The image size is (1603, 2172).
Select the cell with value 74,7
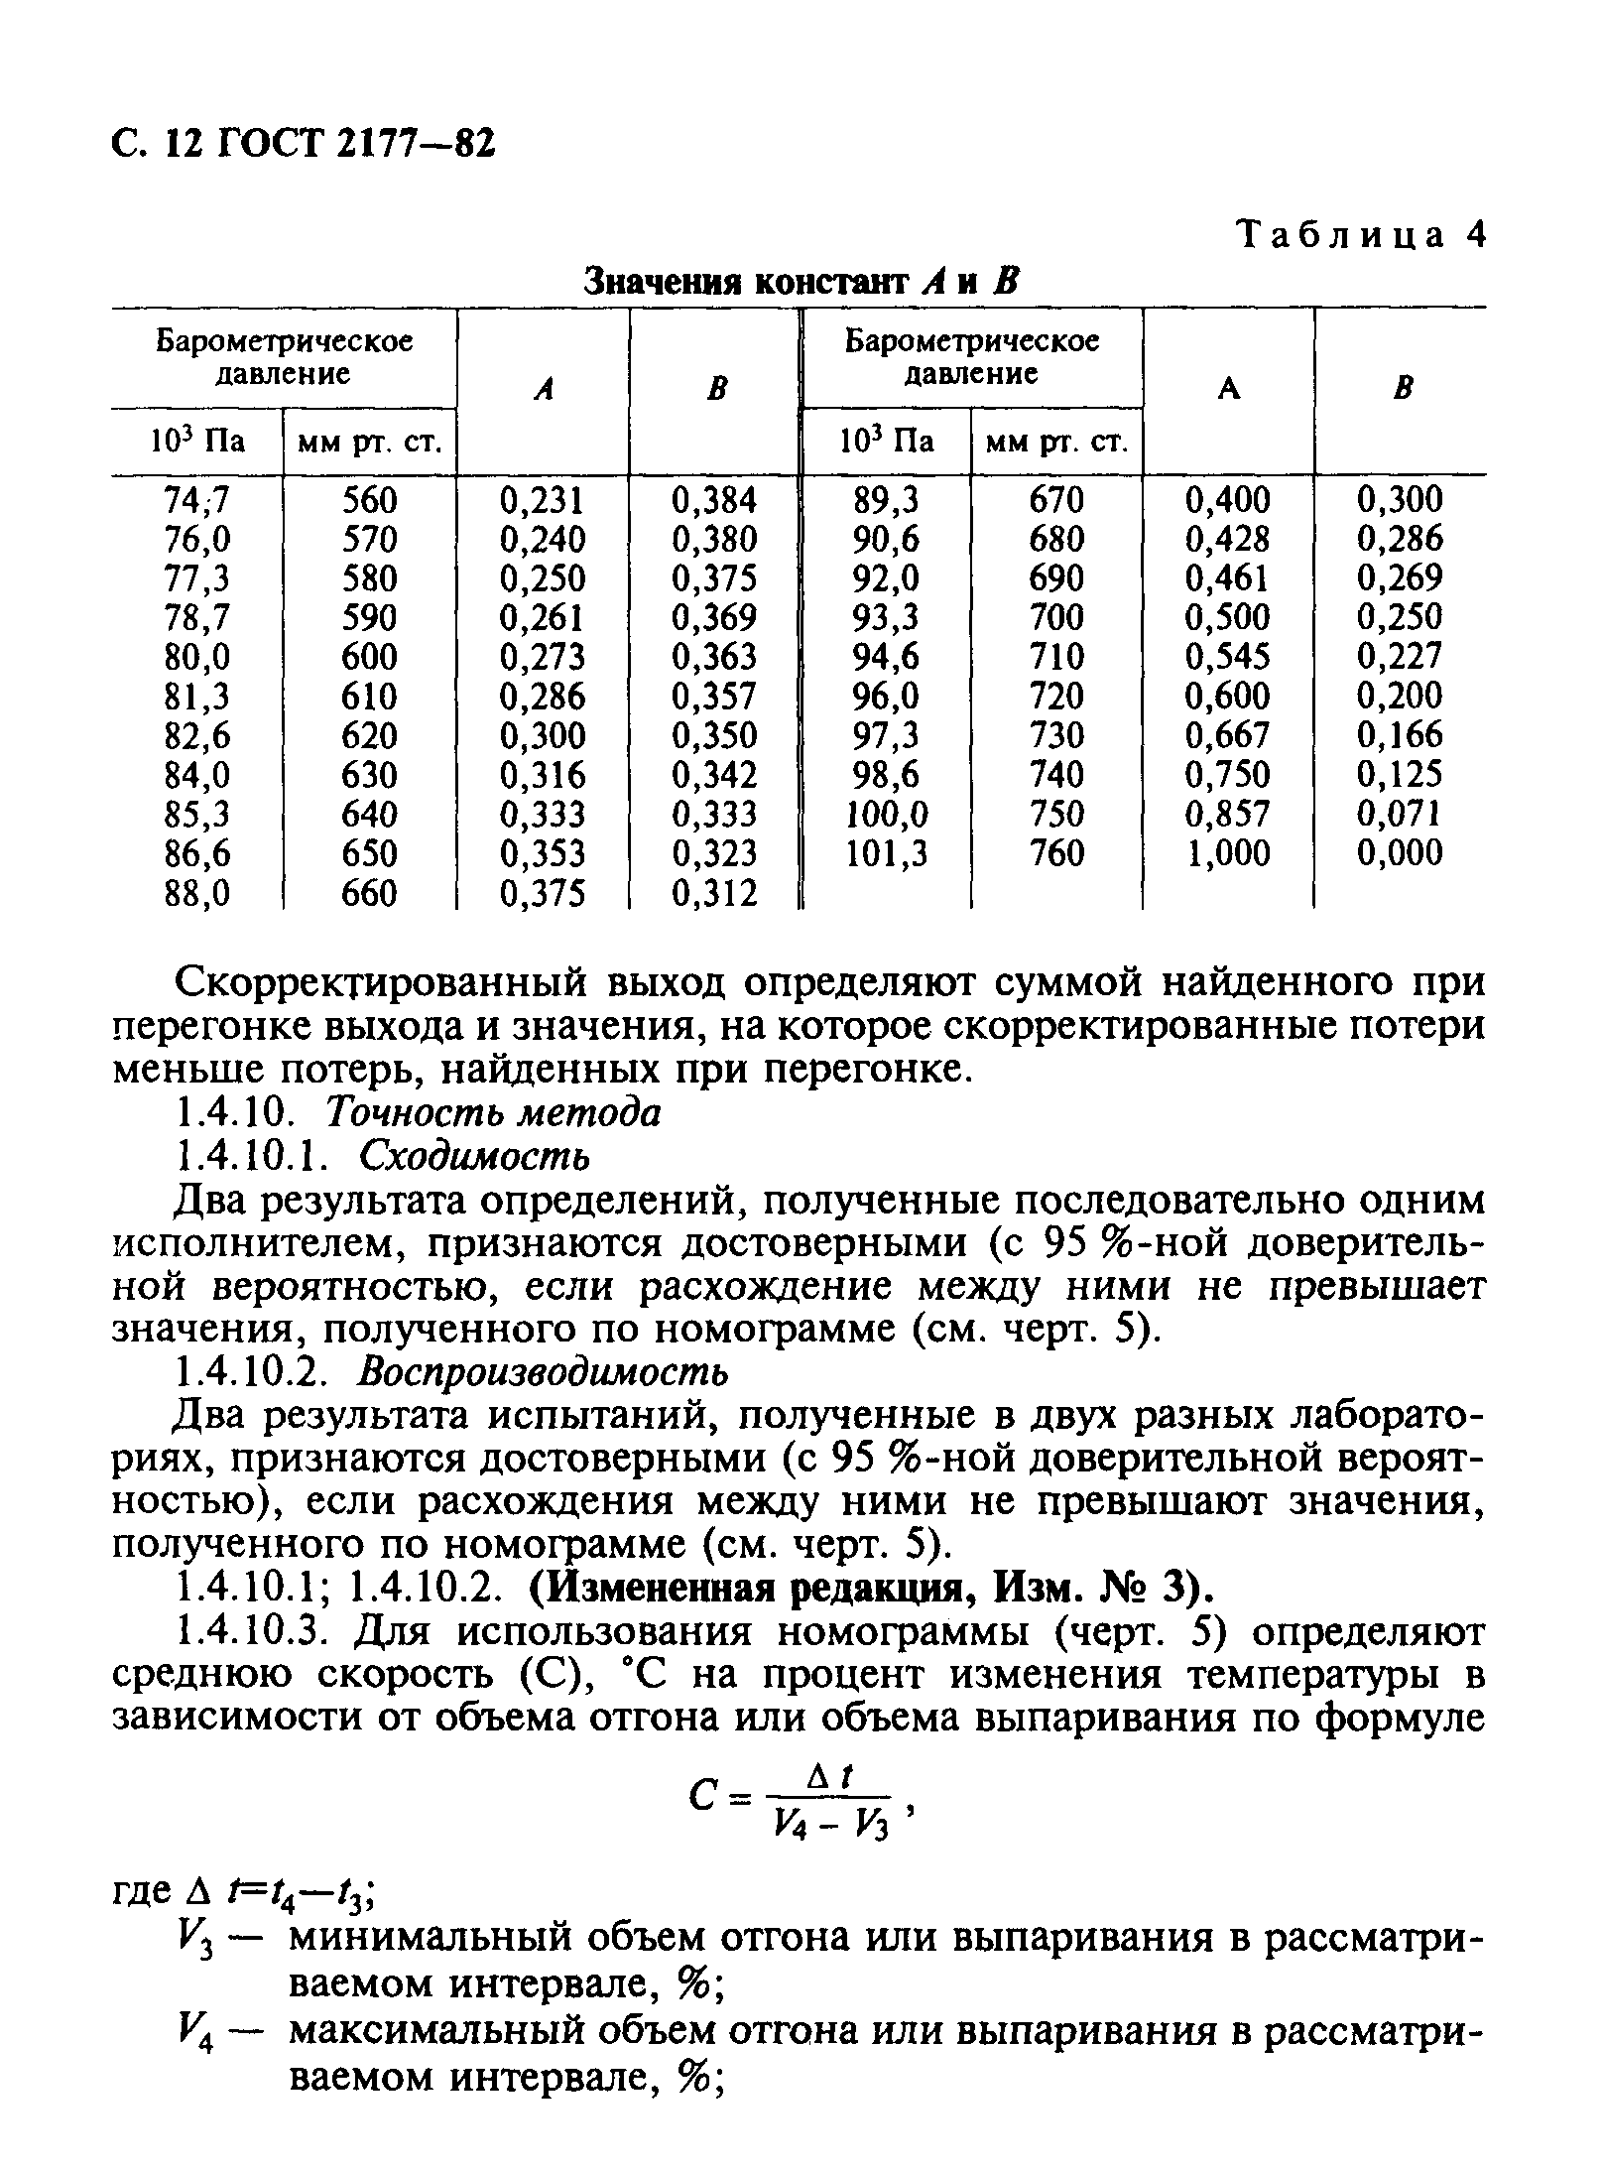pyautogui.click(x=196, y=500)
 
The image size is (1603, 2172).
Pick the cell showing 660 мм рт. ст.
pyautogui.click(x=368, y=894)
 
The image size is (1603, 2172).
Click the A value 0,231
pyautogui.click(x=543, y=500)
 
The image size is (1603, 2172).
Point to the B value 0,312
pyautogui.click(x=714, y=894)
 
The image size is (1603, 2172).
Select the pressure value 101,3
pyautogui.click(x=886, y=853)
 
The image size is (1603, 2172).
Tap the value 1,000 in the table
pyautogui.click(x=1228, y=853)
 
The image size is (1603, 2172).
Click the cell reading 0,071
pyautogui.click(x=1400, y=815)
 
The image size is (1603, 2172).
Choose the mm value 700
pyautogui.click(x=1056, y=618)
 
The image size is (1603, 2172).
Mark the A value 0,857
pyautogui.click(x=1228, y=815)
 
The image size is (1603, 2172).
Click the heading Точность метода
pyautogui.click(x=493, y=1113)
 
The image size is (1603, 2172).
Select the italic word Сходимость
pyautogui.click(x=475, y=1156)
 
